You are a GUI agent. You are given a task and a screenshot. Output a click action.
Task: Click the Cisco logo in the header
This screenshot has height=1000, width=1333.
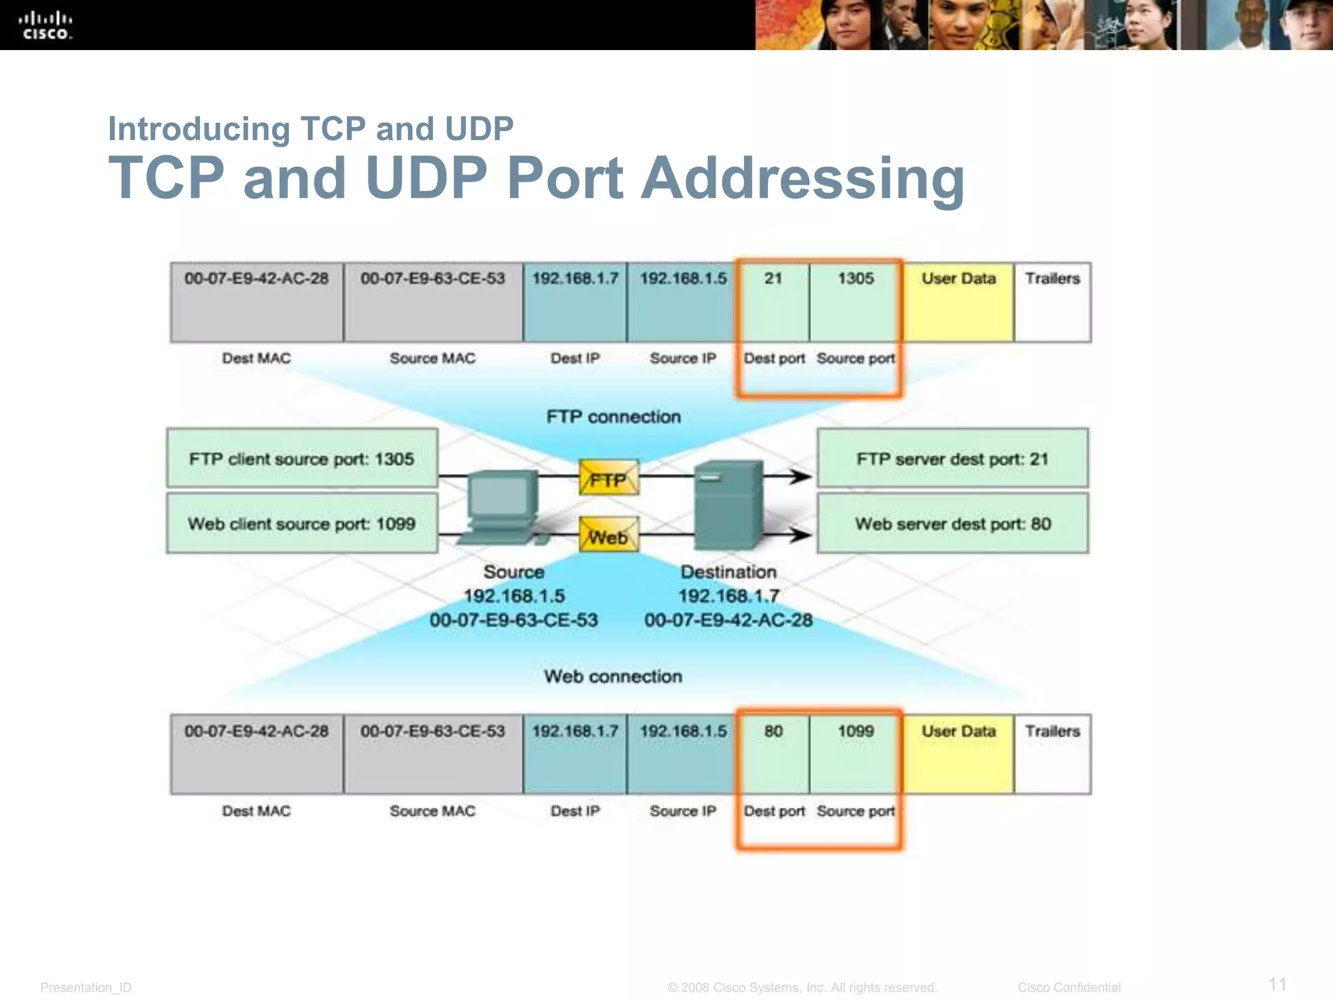46,26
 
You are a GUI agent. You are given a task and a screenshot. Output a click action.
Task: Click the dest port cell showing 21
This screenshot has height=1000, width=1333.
773,301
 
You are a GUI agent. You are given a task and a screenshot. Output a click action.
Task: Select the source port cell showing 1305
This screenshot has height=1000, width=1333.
855,301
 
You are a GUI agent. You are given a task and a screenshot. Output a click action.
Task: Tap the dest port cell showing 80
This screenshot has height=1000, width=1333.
773,754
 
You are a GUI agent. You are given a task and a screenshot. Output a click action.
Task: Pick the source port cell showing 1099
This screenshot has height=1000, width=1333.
855,754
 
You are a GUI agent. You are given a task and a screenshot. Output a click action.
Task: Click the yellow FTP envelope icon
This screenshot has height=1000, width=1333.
609,478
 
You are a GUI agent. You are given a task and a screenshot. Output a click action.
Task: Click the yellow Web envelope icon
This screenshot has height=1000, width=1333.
609,535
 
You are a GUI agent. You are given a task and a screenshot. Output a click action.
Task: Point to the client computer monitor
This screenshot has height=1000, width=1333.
501,498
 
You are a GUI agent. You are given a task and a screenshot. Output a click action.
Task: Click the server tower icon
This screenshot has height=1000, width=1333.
728,505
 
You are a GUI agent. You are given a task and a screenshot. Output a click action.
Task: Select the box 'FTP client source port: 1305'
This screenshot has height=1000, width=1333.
302,458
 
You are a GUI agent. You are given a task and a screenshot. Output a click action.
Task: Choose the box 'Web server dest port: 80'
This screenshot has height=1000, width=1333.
952,523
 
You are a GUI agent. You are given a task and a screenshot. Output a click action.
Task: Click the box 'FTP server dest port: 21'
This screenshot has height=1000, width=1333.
952,458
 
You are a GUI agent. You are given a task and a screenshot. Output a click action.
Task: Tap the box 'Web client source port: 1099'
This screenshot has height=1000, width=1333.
302,523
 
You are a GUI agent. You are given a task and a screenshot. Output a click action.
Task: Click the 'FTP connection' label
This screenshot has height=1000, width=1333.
613,417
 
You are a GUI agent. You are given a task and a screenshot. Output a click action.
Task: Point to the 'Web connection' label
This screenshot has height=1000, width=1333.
613,676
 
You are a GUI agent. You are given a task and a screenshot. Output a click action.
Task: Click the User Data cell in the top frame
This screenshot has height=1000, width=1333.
958,301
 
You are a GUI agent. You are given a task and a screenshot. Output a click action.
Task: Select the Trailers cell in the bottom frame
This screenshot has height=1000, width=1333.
1052,754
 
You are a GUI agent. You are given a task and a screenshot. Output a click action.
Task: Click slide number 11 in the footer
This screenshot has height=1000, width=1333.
1277,984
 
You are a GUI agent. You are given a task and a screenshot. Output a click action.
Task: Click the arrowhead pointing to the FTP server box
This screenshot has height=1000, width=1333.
802,477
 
